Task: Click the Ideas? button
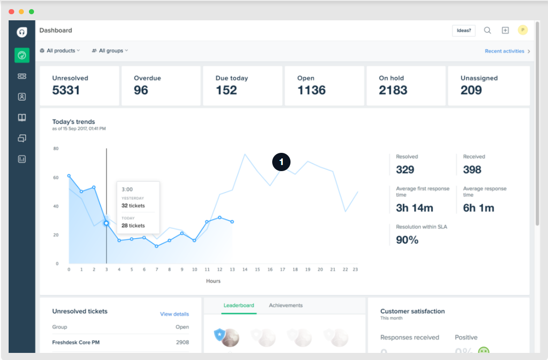coord(464,30)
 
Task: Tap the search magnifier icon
coord(488,30)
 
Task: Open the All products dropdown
coord(60,51)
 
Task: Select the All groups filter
coord(110,51)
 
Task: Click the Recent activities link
coord(504,51)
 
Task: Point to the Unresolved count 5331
coord(66,90)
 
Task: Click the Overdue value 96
coord(141,90)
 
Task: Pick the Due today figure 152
coord(227,90)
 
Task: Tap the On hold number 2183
coord(393,90)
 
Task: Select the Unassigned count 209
coord(471,90)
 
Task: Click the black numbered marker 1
coord(281,162)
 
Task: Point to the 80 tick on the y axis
coord(56,149)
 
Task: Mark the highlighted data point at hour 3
coord(106,223)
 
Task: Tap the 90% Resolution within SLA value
coord(407,240)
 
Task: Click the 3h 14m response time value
coord(414,208)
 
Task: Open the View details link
coord(174,314)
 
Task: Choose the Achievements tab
coord(285,306)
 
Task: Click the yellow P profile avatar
coord(523,30)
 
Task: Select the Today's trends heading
coord(74,122)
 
